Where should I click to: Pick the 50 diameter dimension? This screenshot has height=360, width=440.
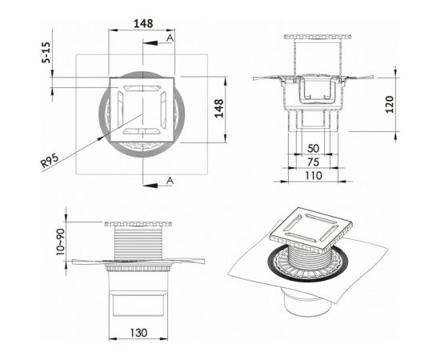click(313, 149)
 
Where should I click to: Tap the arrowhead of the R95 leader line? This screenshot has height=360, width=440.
click(104, 136)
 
